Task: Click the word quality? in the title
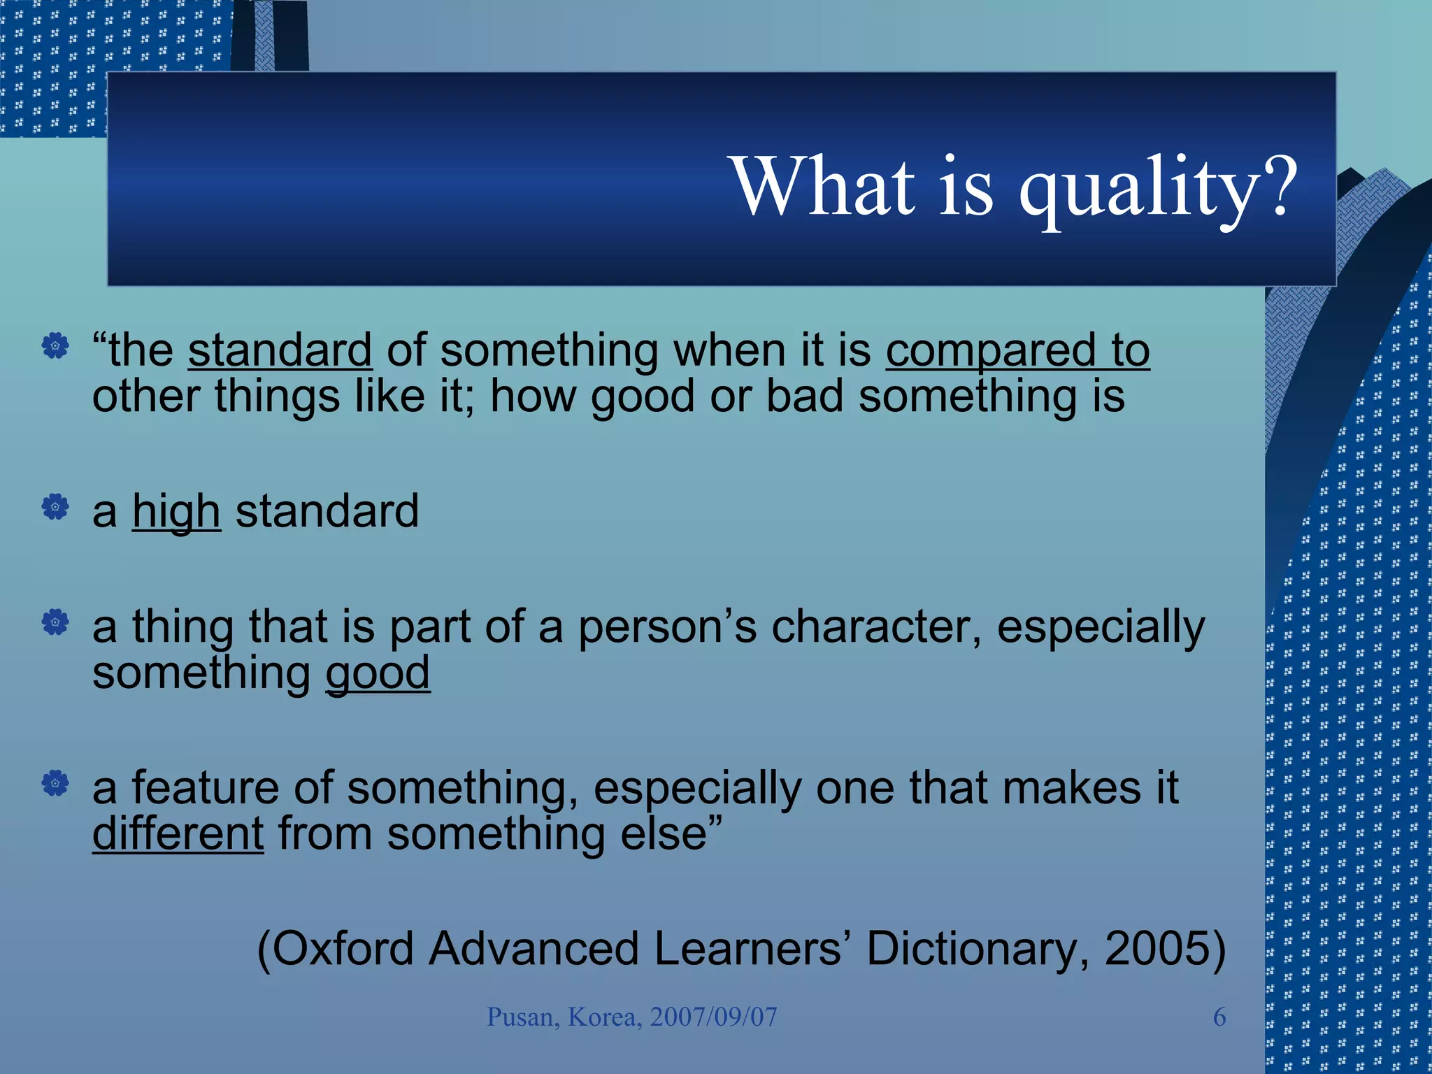[x=1157, y=187]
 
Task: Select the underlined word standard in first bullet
[x=280, y=350]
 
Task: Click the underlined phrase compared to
[x=1017, y=350]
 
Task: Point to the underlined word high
[x=176, y=512]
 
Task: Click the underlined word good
[x=378, y=673]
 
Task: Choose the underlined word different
[x=178, y=833]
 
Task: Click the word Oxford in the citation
[x=343, y=949]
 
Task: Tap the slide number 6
[x=1219, y=1017]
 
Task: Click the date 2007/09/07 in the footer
[x=713, y=1017]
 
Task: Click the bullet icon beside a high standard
[x=55, y=507]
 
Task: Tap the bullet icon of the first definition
[x=55, y=345]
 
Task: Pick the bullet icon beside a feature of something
[x=55, y=783]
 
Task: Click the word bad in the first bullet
[x=804, y=396]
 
